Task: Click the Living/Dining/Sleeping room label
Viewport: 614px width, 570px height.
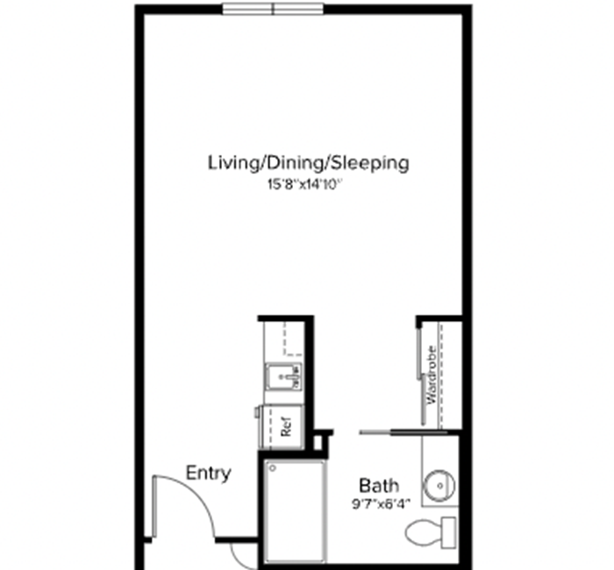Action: point(308,163)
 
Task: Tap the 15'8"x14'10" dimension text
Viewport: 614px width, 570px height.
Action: point(305,184)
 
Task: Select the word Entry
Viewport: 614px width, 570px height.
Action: point(209,474)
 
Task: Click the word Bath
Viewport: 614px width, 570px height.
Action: point(379,486)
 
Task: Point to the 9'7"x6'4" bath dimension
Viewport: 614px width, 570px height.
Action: point(381,504)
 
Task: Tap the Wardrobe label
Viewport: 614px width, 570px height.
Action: point(432,374)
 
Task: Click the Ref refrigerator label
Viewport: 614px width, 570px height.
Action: point(287,427)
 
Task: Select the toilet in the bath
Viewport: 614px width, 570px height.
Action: point(431,532)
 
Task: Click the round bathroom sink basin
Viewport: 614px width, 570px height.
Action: point(440,486)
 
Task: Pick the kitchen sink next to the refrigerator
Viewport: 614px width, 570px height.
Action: point(284,376)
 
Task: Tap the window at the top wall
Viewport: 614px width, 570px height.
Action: point(274,9)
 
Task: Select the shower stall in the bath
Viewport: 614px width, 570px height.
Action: point(296,511)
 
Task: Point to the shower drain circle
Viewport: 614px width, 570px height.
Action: point(273,467)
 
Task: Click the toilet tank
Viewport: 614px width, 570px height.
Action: point(449,532)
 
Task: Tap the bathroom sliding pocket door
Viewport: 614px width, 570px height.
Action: point(403,432)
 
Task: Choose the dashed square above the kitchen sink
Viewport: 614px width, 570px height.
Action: point(293,339)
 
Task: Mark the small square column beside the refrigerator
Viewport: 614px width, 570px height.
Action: point(318,442)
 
